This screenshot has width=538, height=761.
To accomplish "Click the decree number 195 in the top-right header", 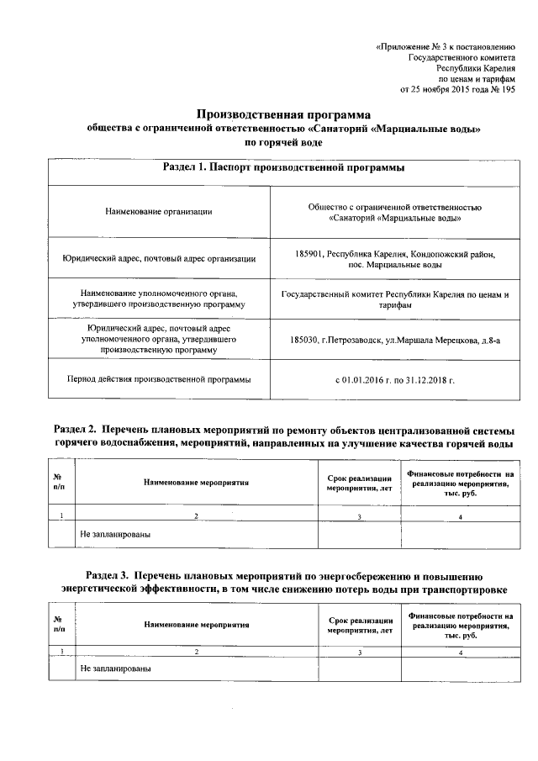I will point(507,89).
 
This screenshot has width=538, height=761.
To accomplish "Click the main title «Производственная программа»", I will point(283,114).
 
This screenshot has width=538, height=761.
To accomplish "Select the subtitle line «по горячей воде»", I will point(283,143).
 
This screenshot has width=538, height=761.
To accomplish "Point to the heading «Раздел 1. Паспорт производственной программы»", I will point(283,168).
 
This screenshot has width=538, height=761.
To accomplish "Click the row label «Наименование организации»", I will point(158,211).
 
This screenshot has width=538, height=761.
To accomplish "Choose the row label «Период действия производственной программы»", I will point(159,379).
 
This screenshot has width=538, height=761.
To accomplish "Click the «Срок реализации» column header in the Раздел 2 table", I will point(359,478).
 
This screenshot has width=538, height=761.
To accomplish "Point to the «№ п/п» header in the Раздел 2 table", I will point(59,482).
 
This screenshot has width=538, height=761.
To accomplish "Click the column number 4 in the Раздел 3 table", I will point(461,652).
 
